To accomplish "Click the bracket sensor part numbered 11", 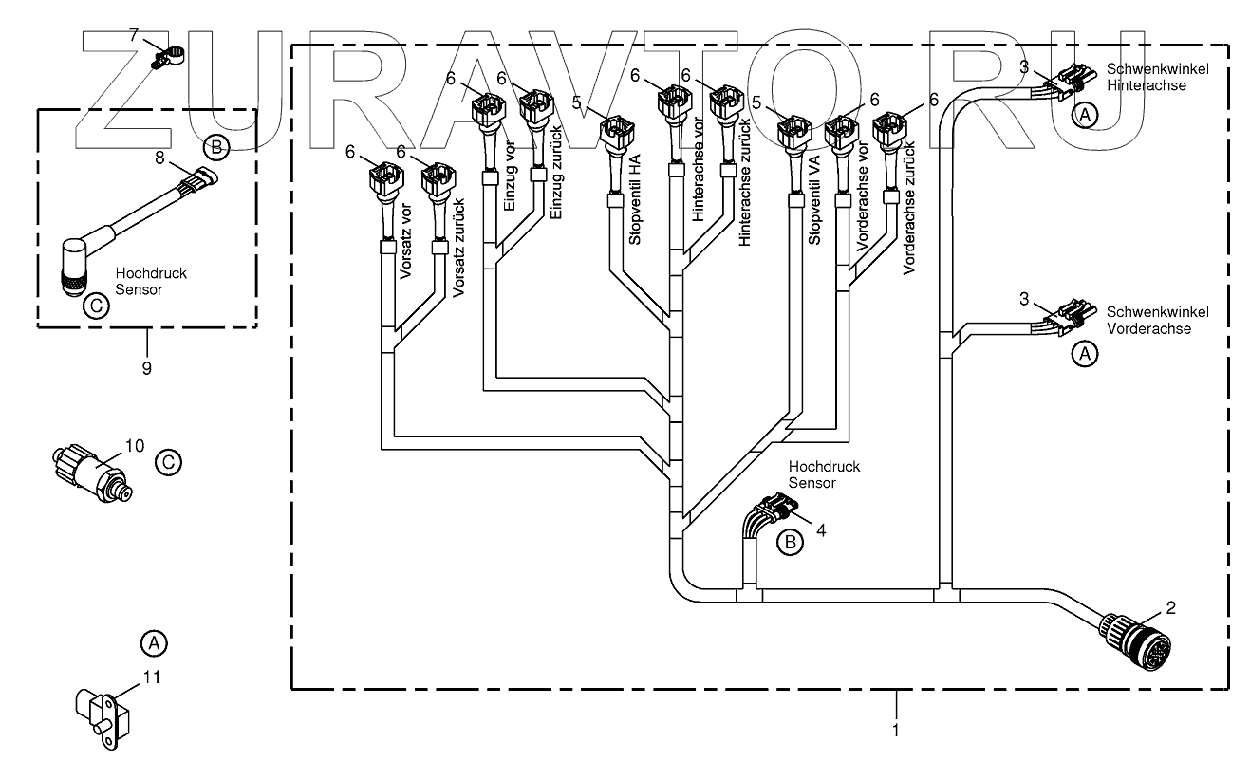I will [98, 714].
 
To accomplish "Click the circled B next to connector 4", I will [789, 542].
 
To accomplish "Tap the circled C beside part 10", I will [167, 462].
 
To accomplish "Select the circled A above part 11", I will [153, 642].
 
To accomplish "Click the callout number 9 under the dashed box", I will [147, 367].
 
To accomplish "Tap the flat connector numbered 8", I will [201, 178].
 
